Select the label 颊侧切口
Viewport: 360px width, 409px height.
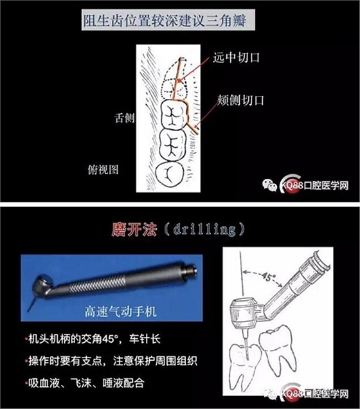241,100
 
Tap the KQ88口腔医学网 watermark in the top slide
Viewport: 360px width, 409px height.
305,185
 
